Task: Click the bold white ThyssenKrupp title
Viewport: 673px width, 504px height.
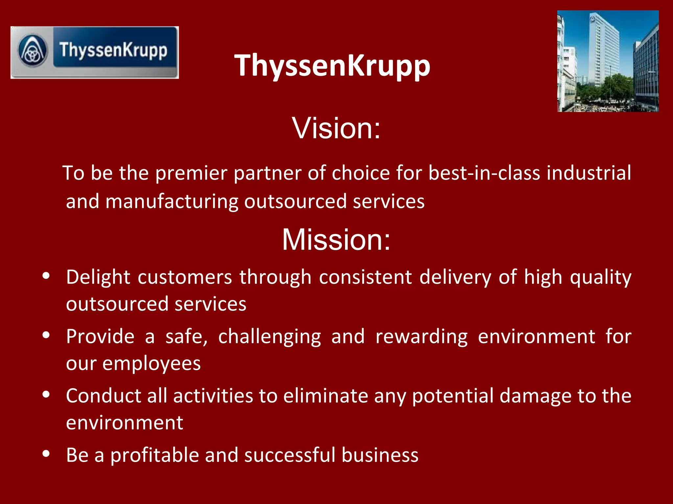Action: (x=332, y=66)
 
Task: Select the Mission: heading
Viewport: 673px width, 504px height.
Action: (x=336, y=240)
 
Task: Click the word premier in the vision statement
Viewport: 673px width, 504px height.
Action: (x=191, y=173)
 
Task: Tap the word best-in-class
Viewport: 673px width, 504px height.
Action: (x=484, y=173)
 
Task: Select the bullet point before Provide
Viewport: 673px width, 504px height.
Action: (x=46, y=335)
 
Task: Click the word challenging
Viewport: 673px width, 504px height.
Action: (x=269, y=337)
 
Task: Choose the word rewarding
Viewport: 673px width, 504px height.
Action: (x=422, y=337)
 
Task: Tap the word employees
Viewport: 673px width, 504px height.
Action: (x=151, y=364)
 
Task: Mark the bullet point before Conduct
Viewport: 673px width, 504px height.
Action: (x=46, y=394)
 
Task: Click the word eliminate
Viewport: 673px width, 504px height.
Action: (x=326, y=396)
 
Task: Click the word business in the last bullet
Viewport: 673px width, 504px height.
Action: (x=380, y=455)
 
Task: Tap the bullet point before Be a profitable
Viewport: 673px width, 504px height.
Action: (x=46, y=454)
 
